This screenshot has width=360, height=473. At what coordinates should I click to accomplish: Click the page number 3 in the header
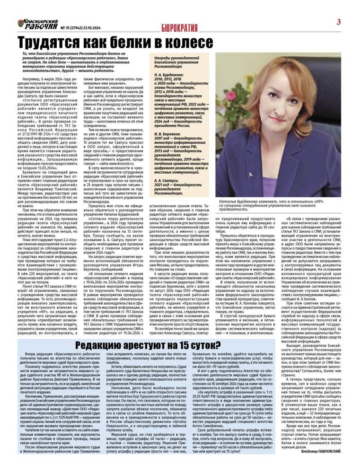click(339, 21)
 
